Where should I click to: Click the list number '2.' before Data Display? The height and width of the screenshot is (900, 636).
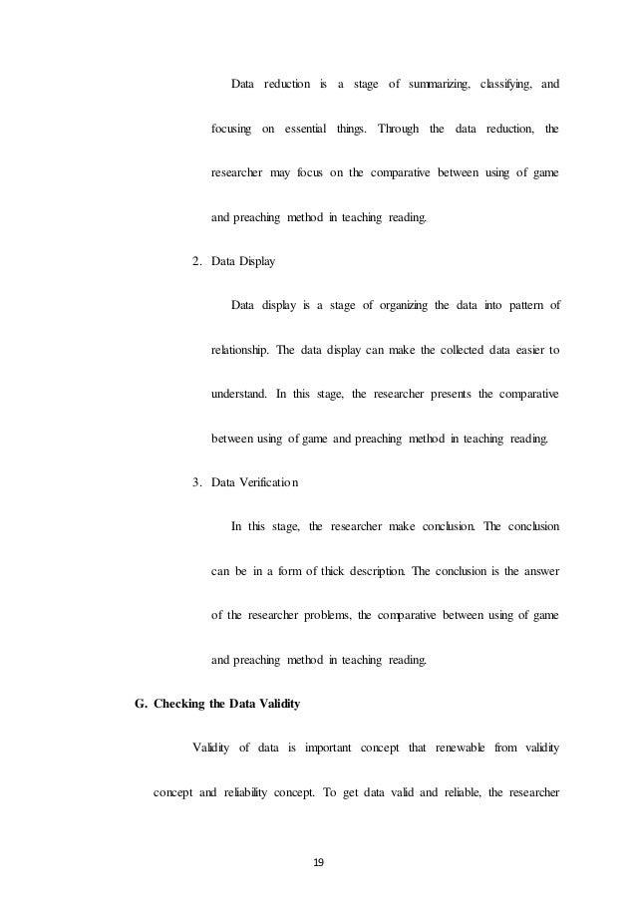click(196, 261)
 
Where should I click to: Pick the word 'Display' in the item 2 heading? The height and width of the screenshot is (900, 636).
click(257, 261)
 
